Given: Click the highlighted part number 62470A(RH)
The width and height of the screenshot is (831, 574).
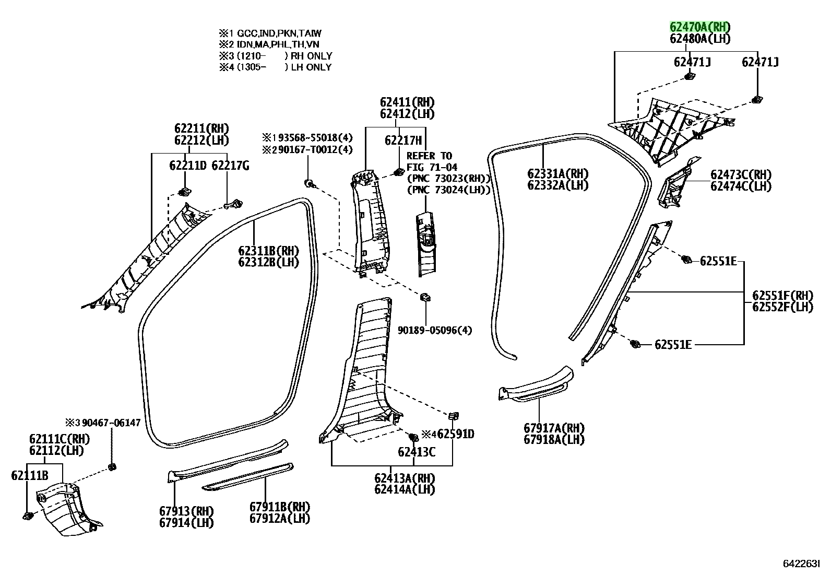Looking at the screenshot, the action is coord(699,27).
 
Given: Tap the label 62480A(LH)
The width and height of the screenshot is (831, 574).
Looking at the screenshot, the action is coord(699,39).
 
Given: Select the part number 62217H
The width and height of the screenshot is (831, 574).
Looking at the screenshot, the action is coord(403,140).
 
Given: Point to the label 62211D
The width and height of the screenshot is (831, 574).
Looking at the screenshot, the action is coord(188,166).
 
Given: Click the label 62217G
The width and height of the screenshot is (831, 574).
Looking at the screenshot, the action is coord(230,166).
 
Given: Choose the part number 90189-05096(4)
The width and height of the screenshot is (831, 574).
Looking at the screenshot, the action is coord(435,330).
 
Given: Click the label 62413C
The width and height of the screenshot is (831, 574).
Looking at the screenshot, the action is coord(417,452).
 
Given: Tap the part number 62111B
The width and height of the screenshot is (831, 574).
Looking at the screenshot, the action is coord(30,475).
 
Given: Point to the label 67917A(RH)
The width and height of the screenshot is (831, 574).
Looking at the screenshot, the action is coord(554,428).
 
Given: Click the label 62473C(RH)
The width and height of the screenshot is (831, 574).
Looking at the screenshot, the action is coord(741,174).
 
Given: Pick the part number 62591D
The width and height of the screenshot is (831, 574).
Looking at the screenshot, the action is coord(456,434).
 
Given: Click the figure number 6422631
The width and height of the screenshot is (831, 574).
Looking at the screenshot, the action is coord(801,564).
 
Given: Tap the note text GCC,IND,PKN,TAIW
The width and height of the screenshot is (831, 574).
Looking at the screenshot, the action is coord(279,33).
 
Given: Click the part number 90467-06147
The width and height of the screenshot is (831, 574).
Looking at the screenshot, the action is coord(111,423).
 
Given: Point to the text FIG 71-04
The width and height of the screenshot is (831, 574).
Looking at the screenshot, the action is coord(432,168).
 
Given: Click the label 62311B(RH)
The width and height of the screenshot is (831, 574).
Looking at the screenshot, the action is coord(269,251).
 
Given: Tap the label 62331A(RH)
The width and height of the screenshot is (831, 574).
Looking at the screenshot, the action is coord(557,174).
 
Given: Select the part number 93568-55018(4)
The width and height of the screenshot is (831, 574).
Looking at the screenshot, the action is coord(315,138).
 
